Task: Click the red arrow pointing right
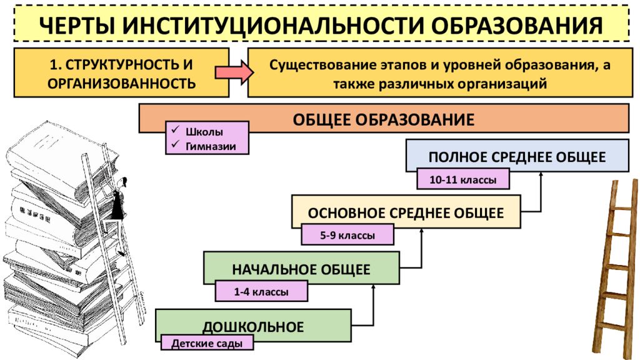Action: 234,72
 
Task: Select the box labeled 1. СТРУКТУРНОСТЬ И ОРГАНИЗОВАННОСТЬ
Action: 122,72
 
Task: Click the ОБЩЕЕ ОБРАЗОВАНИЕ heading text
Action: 384,120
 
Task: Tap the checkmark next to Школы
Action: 176,129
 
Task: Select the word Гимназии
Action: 211,146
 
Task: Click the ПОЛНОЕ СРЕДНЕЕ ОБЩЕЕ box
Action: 517,156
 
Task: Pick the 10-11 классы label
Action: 463,179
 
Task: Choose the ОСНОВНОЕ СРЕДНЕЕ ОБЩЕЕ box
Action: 406,211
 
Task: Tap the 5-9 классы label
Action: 347,236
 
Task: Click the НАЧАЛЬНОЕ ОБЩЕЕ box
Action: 301,267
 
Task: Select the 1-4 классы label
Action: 261,292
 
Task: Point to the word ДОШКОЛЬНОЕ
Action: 254,327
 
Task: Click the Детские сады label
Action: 207,343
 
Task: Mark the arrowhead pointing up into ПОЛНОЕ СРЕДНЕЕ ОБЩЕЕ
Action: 541,174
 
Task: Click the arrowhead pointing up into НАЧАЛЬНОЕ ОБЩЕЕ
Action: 373,287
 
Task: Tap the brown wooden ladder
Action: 616,269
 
